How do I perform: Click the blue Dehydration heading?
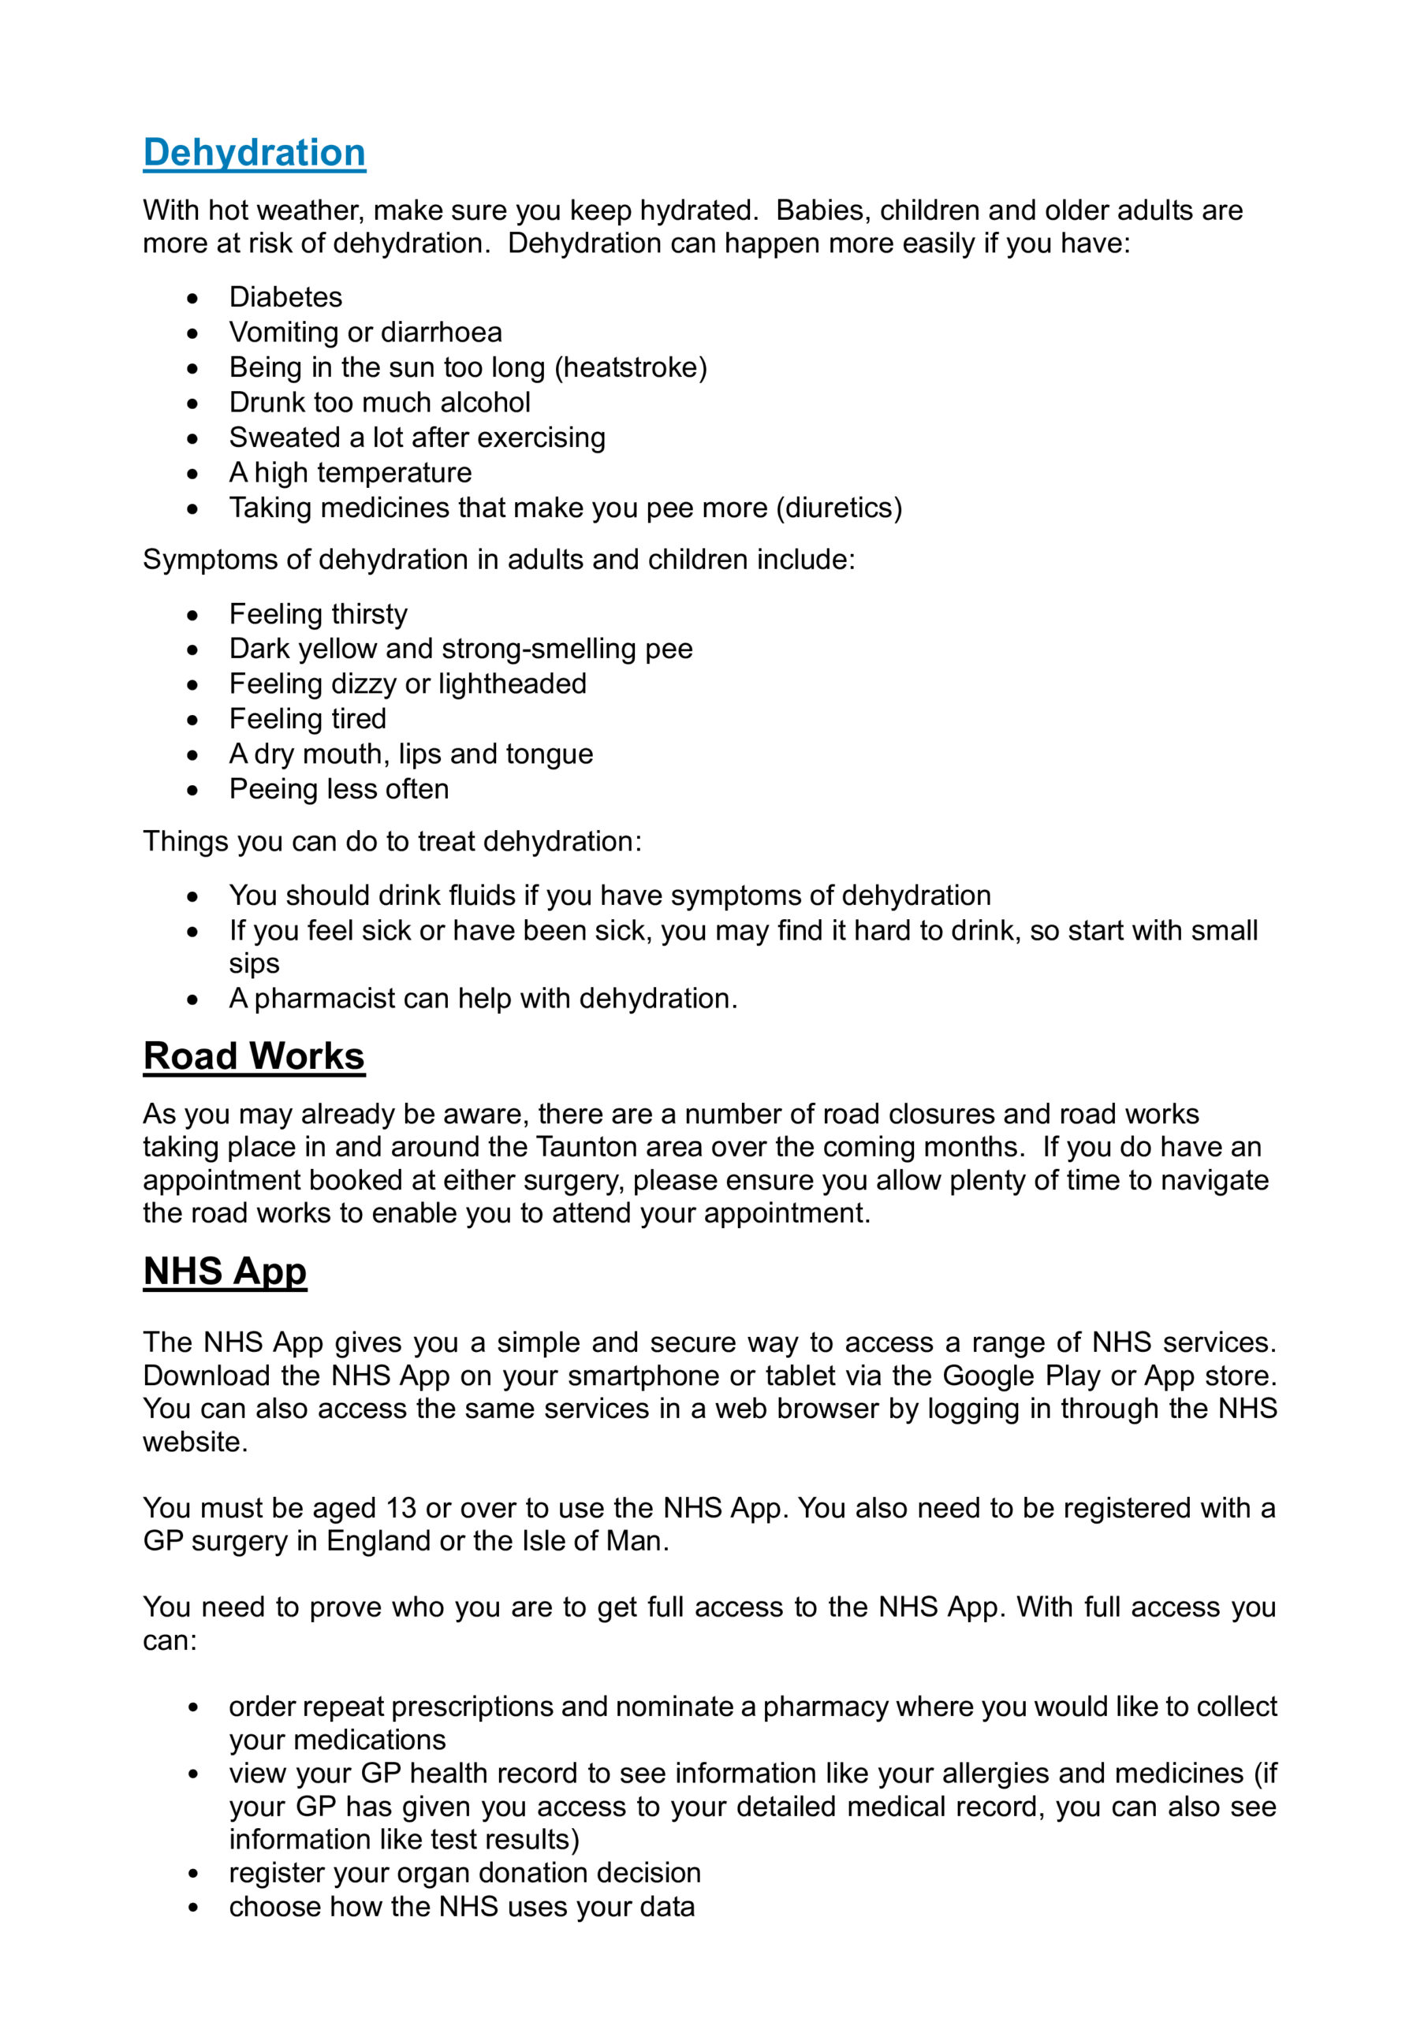point(254,153)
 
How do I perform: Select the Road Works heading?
point(253,1056)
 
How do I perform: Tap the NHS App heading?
point(225,1271)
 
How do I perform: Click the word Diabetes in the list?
point(285,297)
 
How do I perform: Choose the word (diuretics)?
point(839,508)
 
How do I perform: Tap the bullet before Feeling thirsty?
point(192,614)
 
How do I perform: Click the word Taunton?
point(587,1147)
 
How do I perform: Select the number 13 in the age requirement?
point(401,1507)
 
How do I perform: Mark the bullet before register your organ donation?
point(192,1873)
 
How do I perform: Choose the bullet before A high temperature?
point(192,474)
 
